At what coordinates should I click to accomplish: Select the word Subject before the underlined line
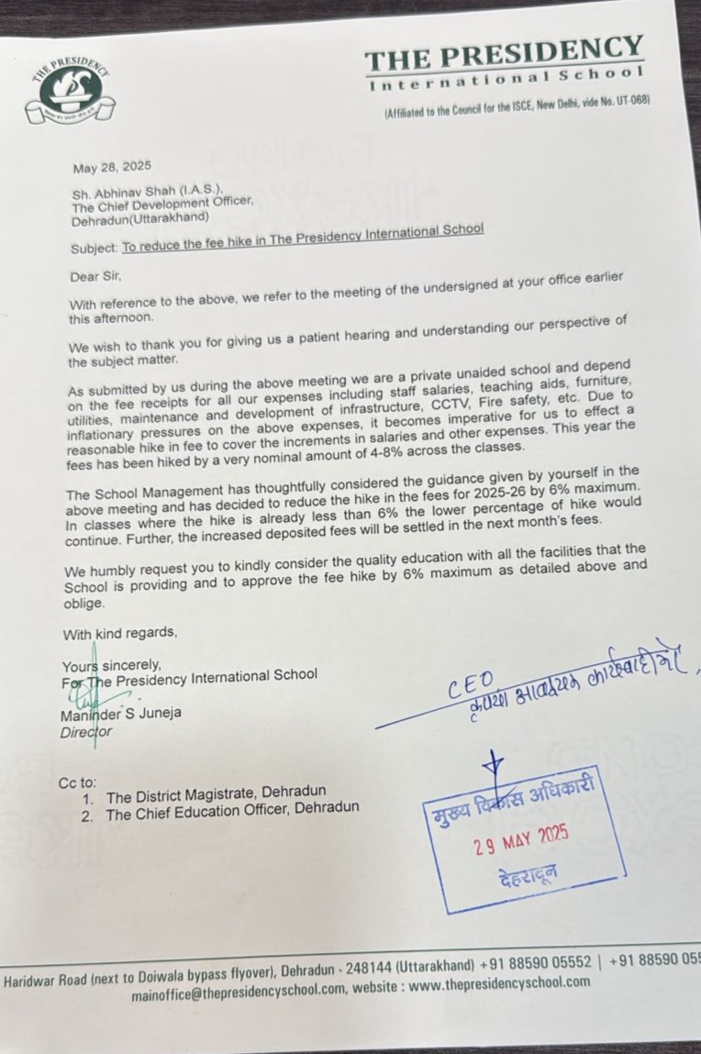coord(94,249)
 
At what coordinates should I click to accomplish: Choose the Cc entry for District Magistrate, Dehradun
coord(216,793)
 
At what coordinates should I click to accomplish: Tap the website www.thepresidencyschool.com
coord(499,982)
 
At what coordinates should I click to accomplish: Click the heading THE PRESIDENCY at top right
coord(504,55)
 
